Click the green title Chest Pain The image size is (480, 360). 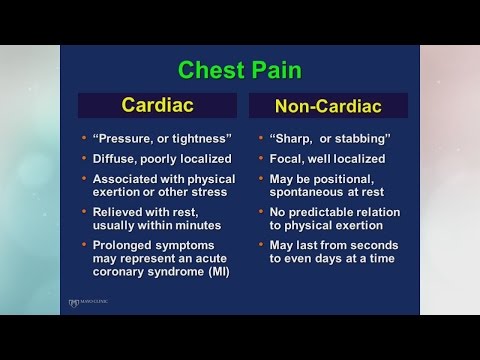240,71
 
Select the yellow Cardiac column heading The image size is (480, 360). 158,104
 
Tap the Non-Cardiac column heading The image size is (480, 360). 329,105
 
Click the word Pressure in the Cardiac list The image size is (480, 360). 128,137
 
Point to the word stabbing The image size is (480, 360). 364,137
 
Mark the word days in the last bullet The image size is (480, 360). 337,258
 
